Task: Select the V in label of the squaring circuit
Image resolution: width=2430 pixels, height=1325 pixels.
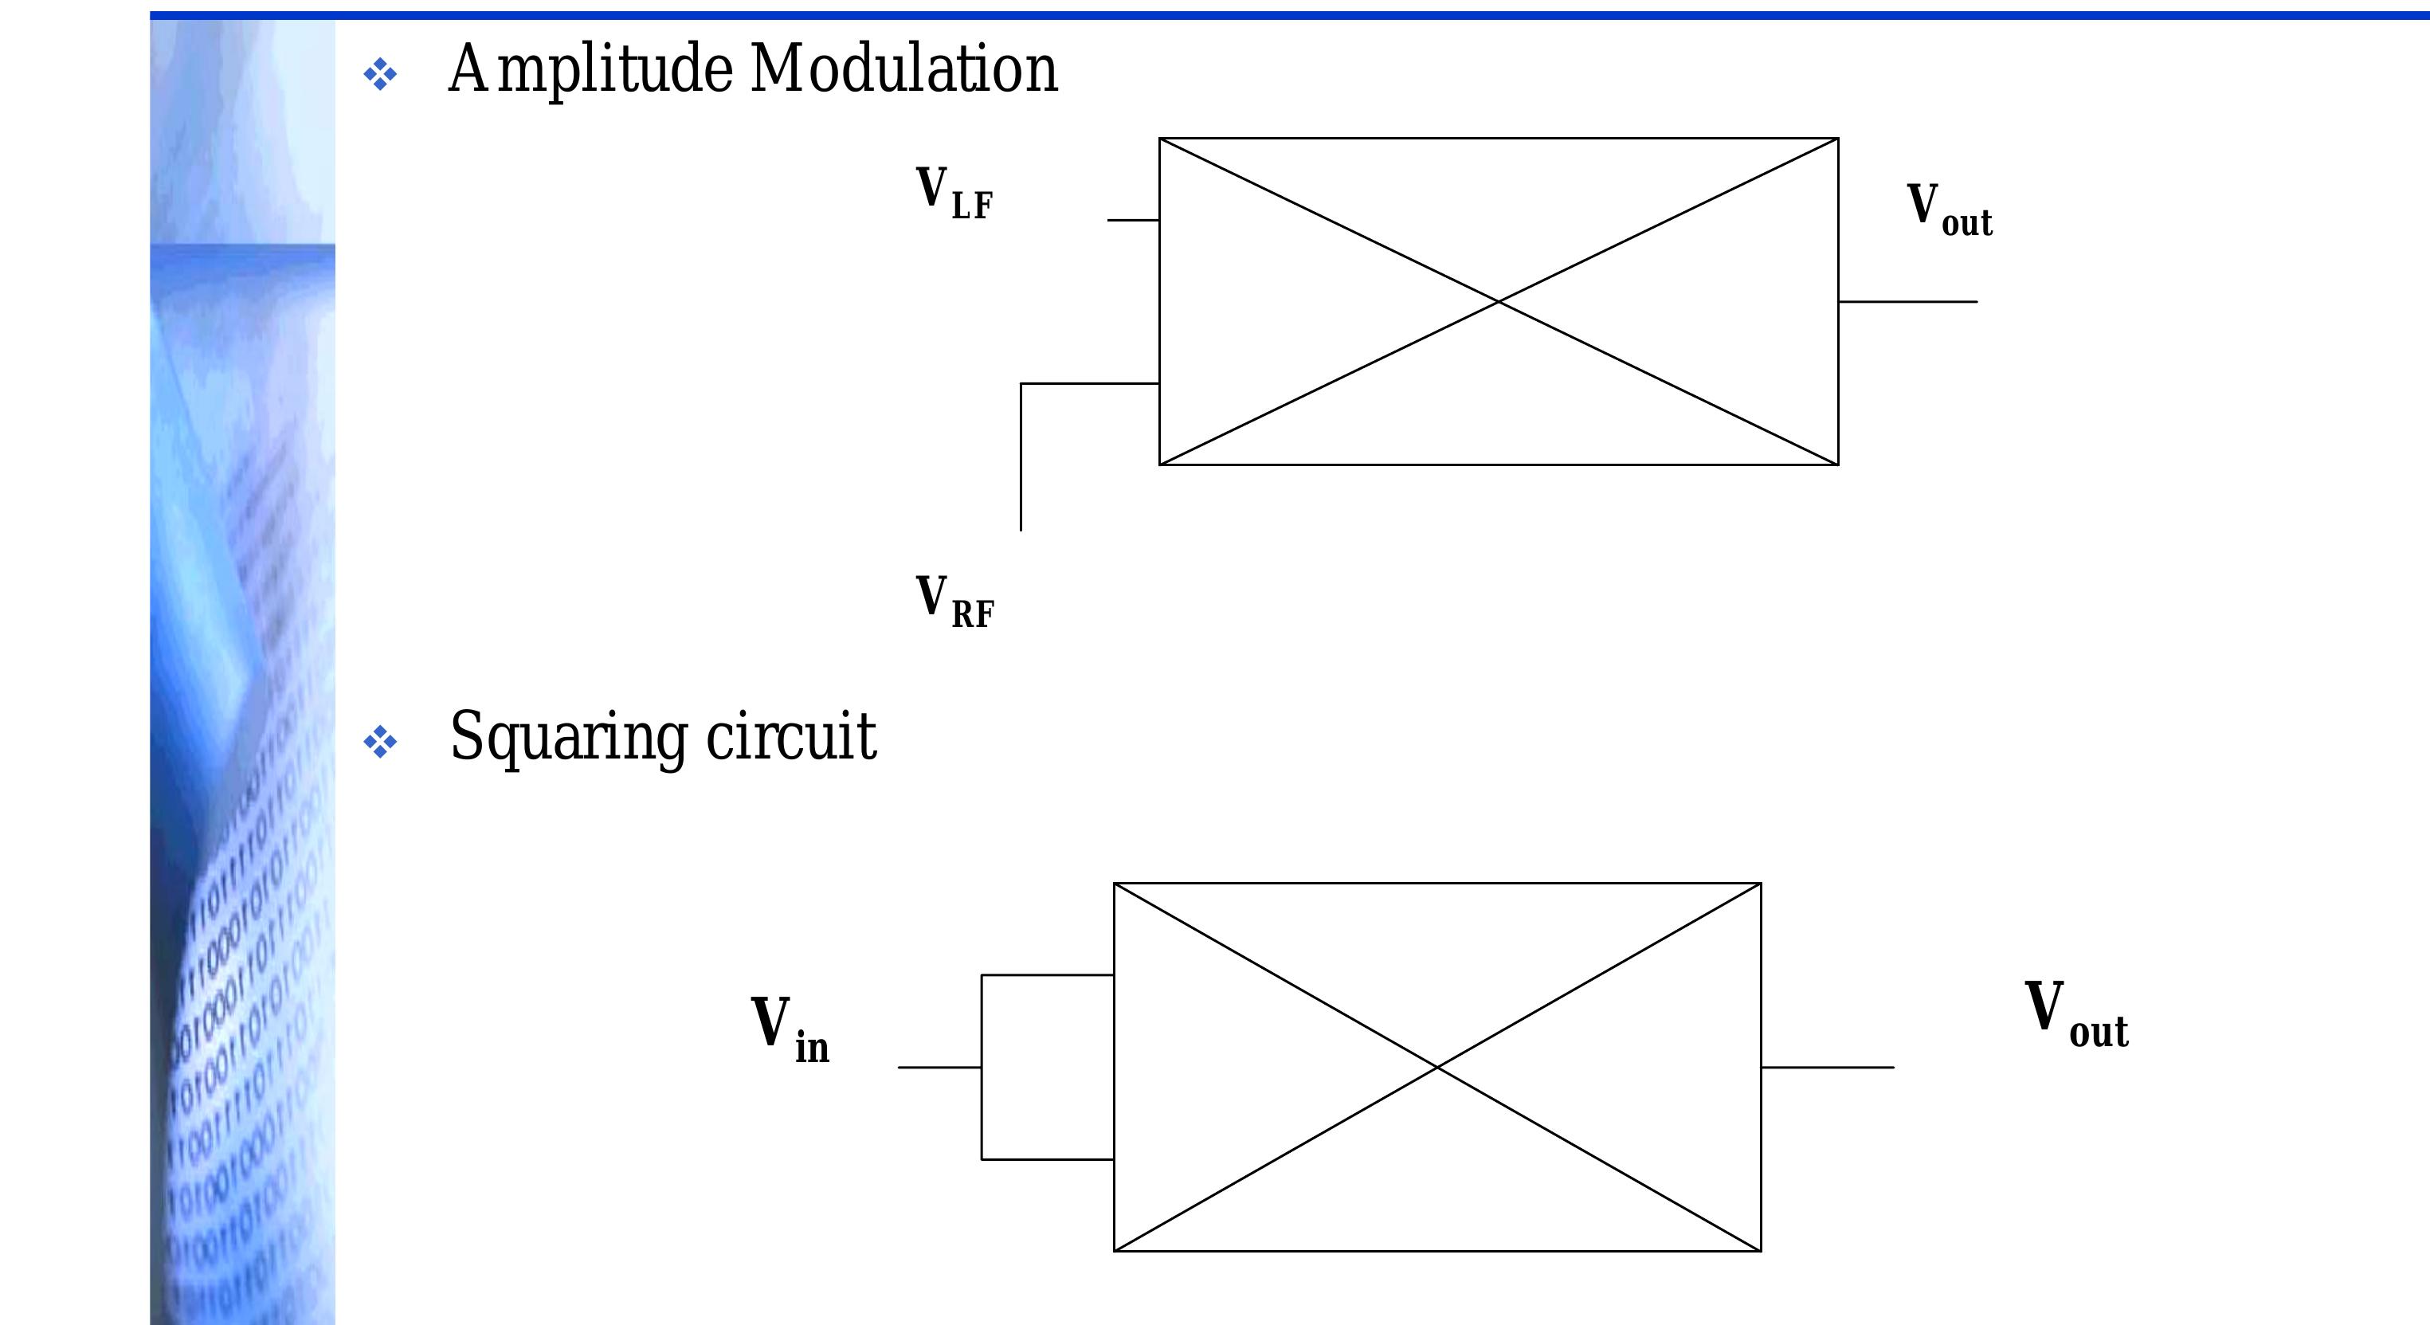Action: [x=790, y=1030]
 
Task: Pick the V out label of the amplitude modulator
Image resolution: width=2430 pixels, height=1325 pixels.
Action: [x=1949, y=210]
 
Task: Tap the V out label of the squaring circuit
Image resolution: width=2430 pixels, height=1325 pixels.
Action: [x=2075, y=1013]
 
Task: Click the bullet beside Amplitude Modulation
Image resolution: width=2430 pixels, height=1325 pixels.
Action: [x=380, y=75]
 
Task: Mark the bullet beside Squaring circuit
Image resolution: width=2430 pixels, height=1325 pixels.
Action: [x=380, y=743]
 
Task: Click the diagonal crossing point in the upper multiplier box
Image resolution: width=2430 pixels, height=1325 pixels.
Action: [x=1498, y=302]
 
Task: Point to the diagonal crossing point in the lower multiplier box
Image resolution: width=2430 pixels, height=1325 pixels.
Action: [x=1436, y=1067]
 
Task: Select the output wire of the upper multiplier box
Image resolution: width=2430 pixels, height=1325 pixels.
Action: [x=1907, y=302]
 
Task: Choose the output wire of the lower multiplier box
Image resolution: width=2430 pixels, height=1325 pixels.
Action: [x=1827, y=1068]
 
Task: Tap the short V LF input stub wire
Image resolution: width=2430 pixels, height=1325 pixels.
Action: [x=1133, y=220]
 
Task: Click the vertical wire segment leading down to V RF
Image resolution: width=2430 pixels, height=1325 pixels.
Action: [x=1021, y=457]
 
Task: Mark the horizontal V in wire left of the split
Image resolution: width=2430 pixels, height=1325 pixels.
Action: [x=939, y=1068]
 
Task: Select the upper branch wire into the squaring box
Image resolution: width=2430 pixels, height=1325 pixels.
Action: [x=1047, y=975]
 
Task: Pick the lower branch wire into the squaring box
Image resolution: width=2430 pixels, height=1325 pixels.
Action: [x=1047, y=1159]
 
